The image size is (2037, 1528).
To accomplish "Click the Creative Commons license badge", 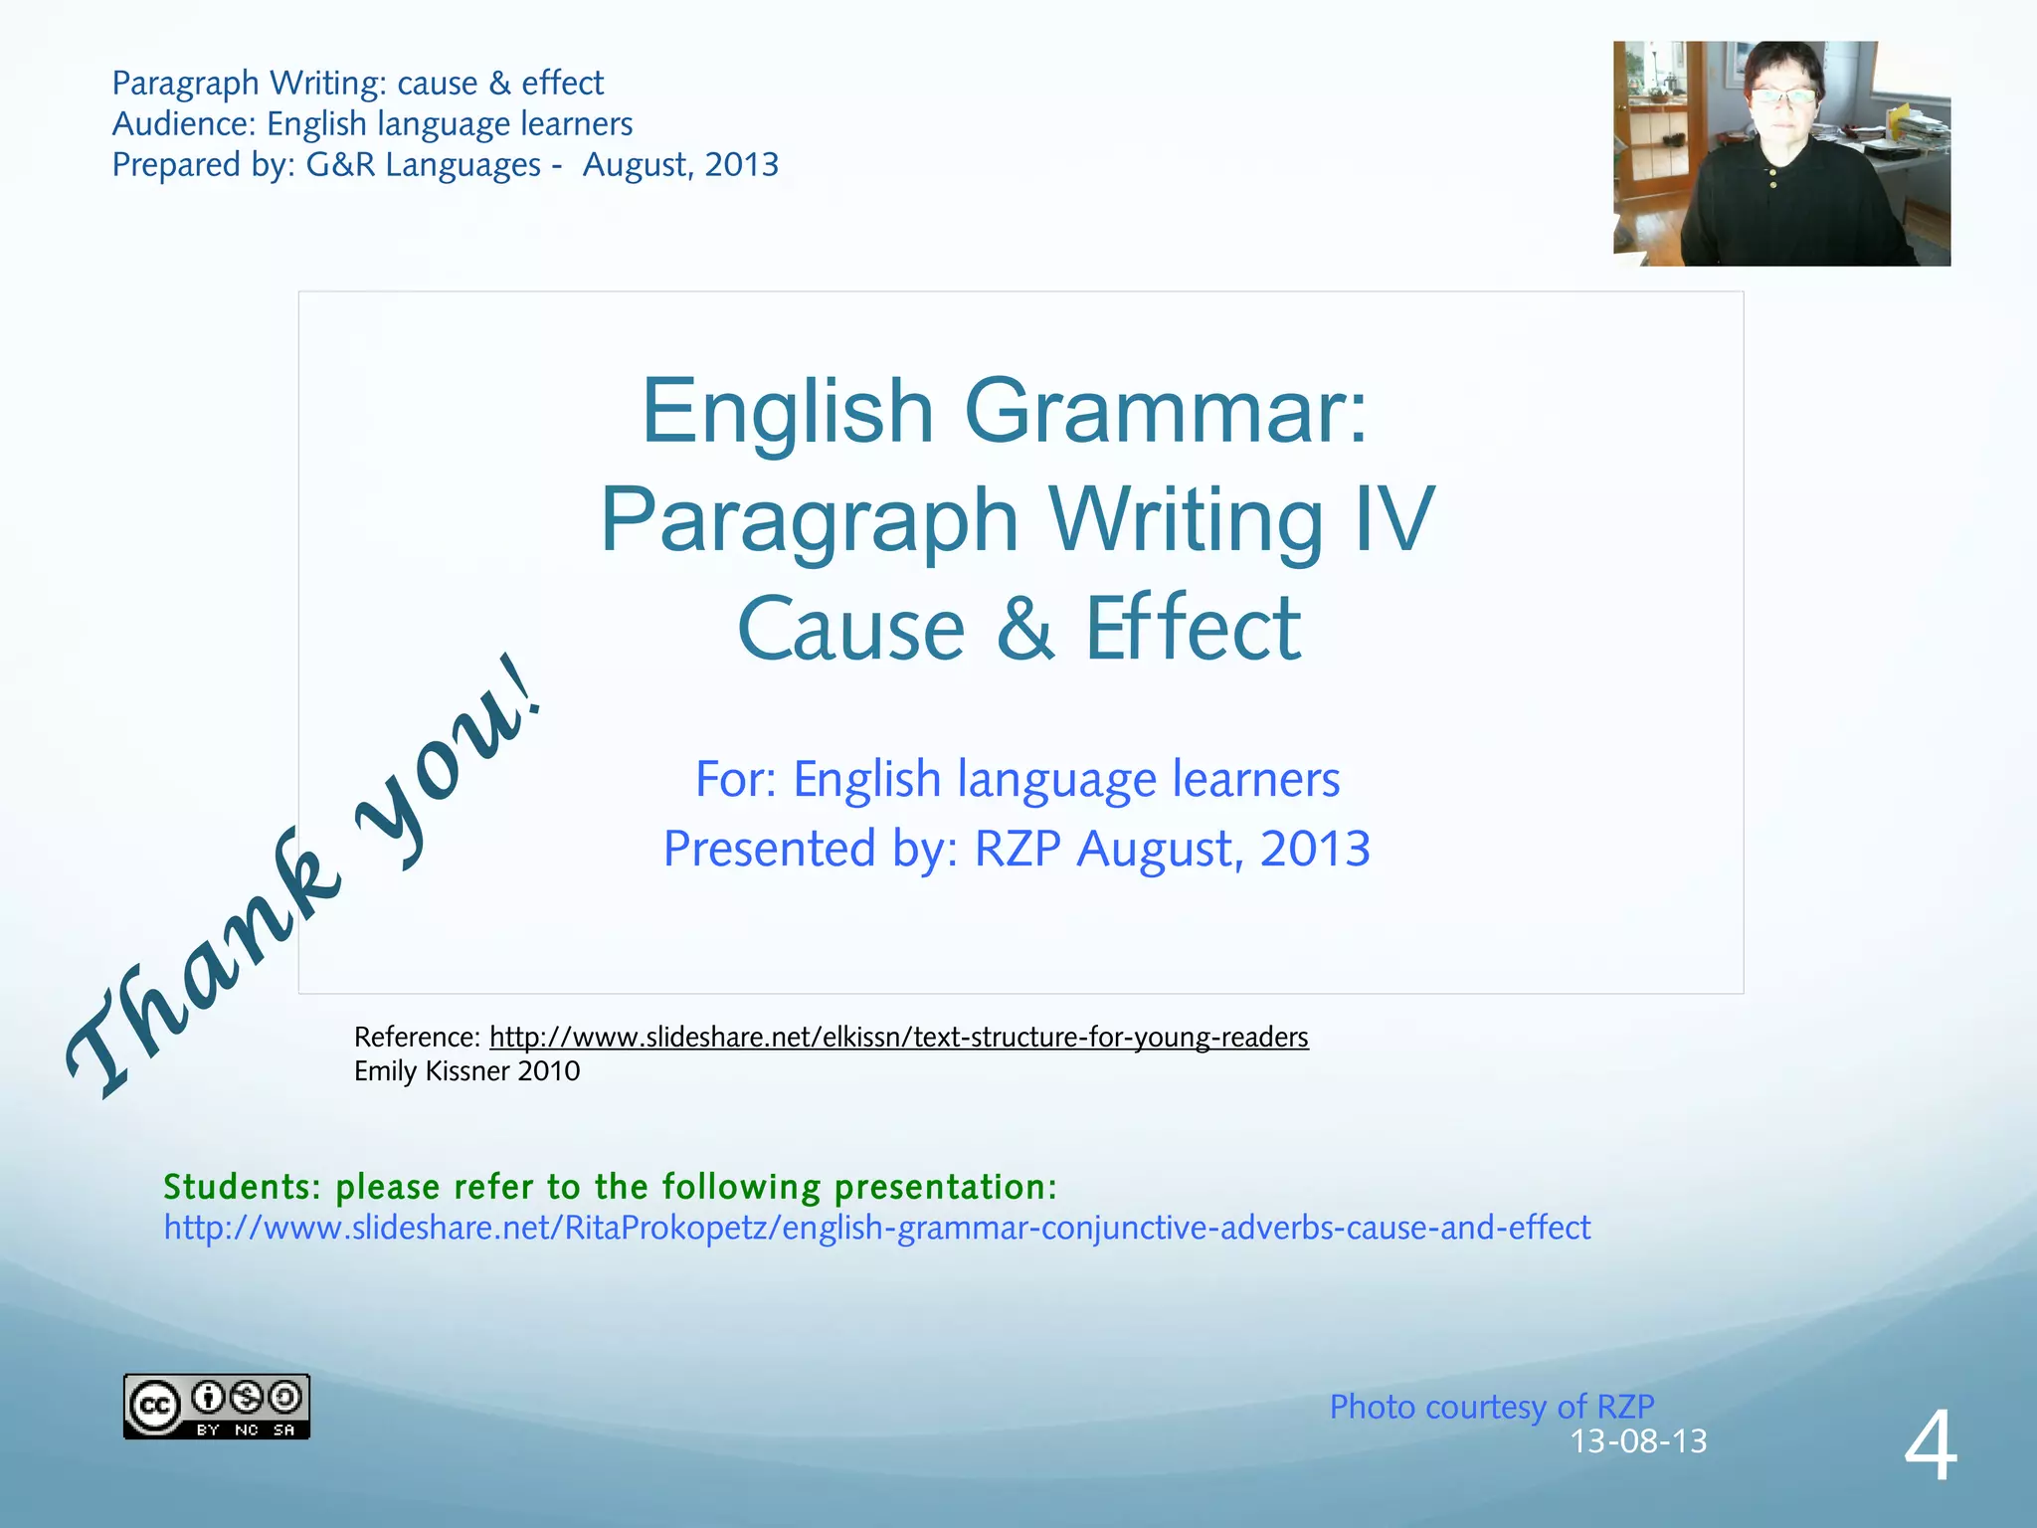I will click(x=217, y=1406).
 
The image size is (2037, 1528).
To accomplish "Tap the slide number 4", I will click(x=1931, y=1447).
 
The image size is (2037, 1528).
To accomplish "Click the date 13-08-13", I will click(x=1638, y=1440).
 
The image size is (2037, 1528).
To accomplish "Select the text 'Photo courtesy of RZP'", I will click(x=1492, y=1407).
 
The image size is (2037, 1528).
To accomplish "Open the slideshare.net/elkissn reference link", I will click(x=898, y=1037).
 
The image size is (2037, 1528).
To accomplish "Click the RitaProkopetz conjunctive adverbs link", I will click(x=876, y=1228).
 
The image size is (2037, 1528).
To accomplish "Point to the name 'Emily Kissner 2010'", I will click(x=466, y=1070).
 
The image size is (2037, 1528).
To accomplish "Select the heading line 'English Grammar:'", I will click(x=1005, y=411).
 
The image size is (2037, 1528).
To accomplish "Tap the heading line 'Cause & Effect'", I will click(x=1018, y=628).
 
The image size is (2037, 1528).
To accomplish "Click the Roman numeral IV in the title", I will click(x=1392, y=519).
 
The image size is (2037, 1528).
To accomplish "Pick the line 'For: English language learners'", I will click(x=1017, y=779).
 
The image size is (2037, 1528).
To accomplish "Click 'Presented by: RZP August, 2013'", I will click(x=1017, y=849).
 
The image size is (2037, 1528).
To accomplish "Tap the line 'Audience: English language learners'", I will click(x=372, y=123).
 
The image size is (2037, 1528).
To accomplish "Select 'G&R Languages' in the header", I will click(x=423, y=164).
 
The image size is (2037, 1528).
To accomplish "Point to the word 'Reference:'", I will click(x=418, y=1037).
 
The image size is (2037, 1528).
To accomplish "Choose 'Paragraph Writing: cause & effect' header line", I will click(x=357, y=83).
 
